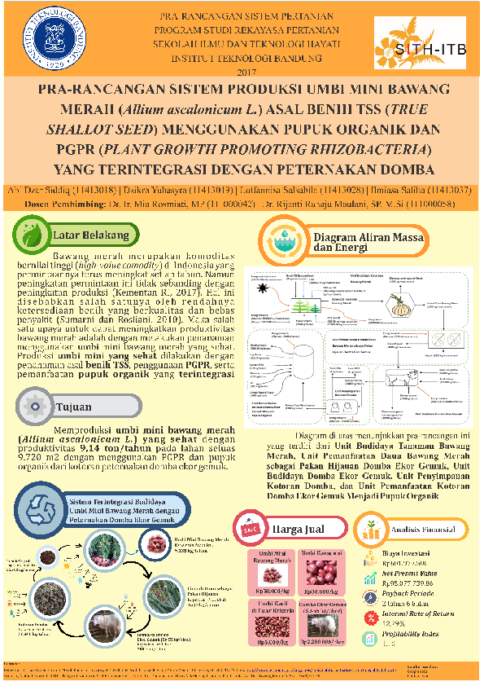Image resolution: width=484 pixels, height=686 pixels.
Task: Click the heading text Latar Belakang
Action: [x=91, y=235]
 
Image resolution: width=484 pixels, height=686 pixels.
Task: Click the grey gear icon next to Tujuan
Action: [x=33, y=405]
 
